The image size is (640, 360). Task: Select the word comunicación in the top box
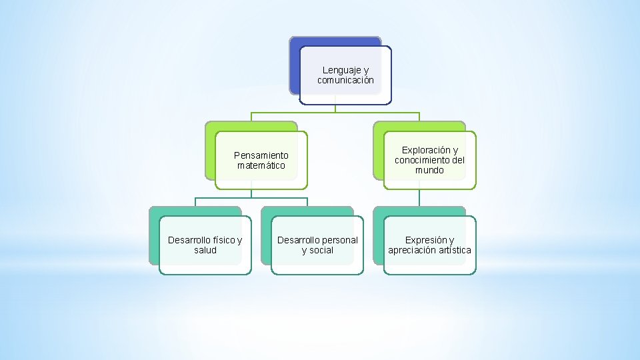pyautogui.click(x=345, y=80)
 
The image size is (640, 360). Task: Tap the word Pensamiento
pyautogui.click(x=261, y=155)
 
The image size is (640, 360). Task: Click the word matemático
pyautogui.click(x=261, y=165)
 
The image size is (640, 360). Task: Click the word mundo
pyautogui.click(x=429, y=170)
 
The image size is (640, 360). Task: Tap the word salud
pyautogui.click(x=205, y=250)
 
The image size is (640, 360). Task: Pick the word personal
pyautogui.click(x=340, y=240)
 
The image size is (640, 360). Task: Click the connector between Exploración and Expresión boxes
pyautogui.click(x=419, y=198)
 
